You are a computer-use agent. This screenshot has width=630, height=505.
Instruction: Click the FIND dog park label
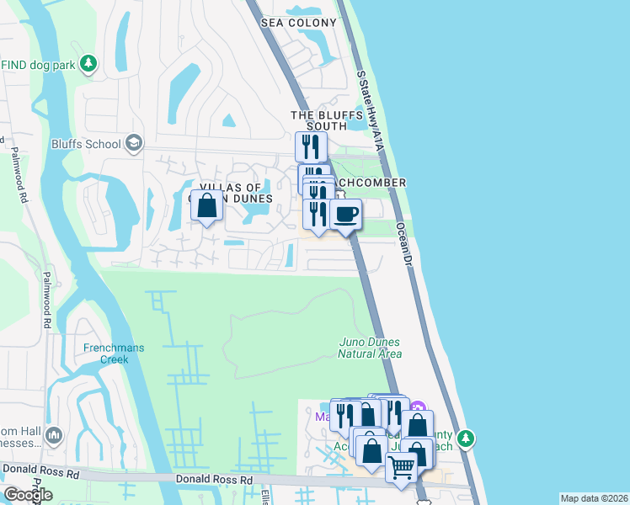coord(37,63)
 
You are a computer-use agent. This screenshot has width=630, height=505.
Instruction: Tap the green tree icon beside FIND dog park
coord(88,63)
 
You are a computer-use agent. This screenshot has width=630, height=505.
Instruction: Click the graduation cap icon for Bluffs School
coord(133,144)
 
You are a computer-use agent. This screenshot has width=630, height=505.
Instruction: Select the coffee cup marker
coord(345,215)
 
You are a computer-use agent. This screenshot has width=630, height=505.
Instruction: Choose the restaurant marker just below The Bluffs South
coord(311,147)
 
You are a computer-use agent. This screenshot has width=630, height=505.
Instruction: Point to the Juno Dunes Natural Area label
coord(370,348)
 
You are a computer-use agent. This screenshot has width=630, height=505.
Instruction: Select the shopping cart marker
coord(402,466)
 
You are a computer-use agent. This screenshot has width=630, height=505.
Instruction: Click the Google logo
coord(27,495)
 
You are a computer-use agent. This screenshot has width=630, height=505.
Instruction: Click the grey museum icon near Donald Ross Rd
coord(55,435)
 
